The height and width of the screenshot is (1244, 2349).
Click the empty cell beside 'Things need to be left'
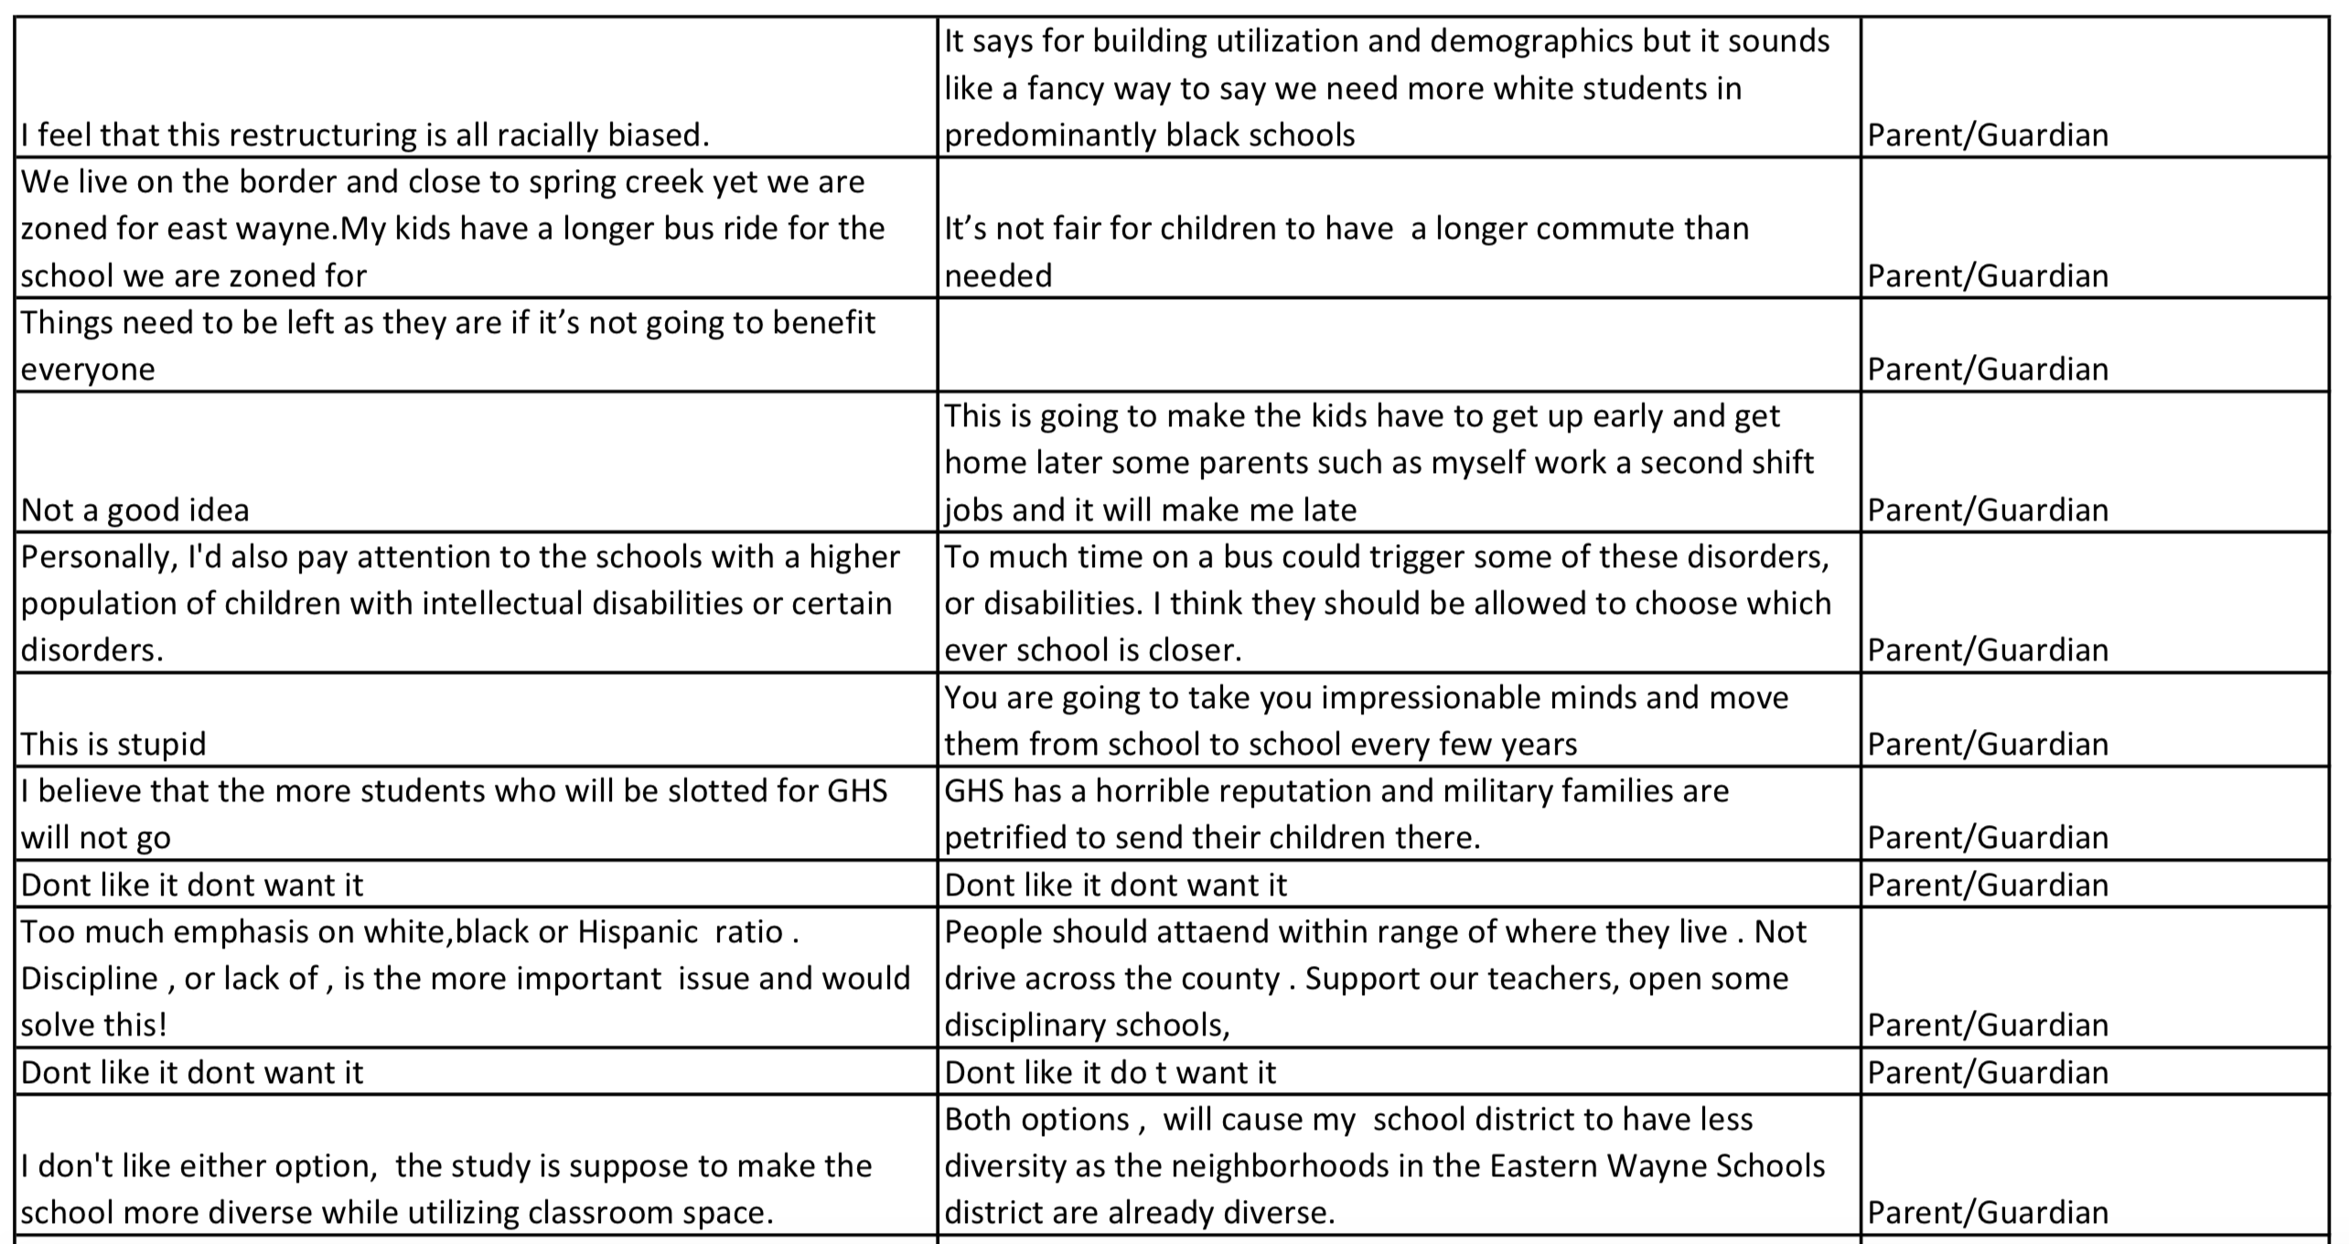coord(1398,346)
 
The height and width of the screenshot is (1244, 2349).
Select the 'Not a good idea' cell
coord(135,509)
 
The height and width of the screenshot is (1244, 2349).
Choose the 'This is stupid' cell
coord(113,744)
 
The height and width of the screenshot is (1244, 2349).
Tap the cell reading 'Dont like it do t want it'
coord(1110,1072)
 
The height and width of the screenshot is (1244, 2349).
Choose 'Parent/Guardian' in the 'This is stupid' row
coord(1987,744)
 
